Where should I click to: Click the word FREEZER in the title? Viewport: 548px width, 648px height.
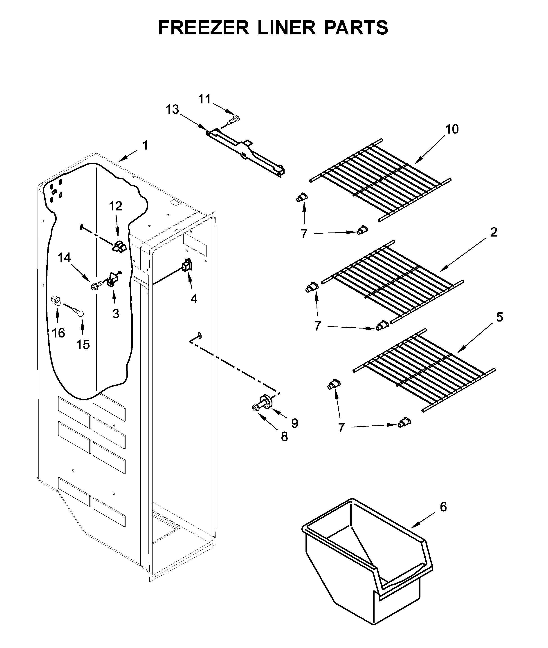pos(204,28)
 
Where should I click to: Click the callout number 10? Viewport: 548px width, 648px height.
pos(452,129)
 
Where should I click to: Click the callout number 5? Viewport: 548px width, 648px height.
pos(499,317)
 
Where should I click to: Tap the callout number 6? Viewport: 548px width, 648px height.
pos(443,507)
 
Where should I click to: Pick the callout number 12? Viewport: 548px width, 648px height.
pos(116,206)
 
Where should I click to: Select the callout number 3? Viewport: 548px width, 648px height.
pos(116,314)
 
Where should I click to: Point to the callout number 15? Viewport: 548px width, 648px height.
pos(83,344)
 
